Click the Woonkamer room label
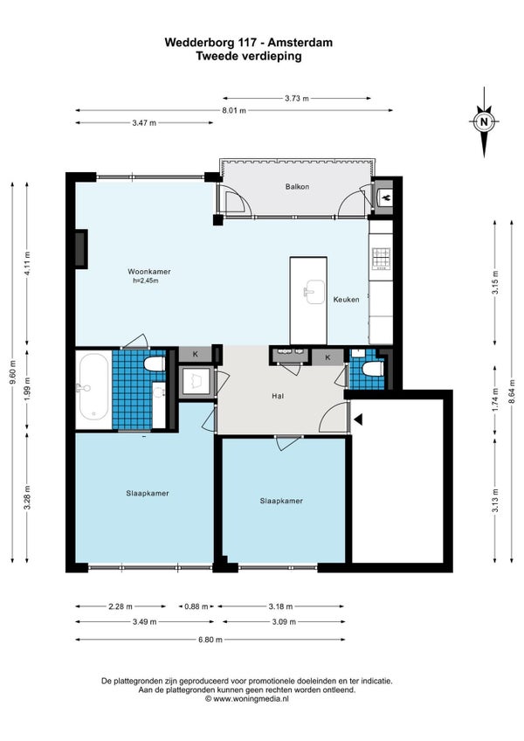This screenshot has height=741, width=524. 148,272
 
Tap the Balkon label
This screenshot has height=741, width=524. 297,187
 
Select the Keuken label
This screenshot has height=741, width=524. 346,299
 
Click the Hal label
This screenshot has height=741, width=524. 278,397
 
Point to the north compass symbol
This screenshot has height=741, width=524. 484,122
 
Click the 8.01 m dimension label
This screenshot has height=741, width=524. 235,111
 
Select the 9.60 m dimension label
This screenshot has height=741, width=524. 13,372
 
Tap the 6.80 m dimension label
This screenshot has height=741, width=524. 210,640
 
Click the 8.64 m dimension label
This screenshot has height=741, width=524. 512,391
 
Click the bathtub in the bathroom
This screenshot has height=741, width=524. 93,387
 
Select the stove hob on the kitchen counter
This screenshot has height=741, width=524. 382,258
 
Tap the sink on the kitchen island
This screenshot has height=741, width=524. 314,292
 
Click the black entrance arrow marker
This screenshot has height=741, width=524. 359,419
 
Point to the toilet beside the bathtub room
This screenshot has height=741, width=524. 154,364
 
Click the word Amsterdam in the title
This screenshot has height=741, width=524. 300,43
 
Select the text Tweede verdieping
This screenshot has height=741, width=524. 249,56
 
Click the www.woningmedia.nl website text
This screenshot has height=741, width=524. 251,698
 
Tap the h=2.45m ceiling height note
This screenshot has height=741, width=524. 146,280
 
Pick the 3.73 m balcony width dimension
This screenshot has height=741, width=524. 297,99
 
